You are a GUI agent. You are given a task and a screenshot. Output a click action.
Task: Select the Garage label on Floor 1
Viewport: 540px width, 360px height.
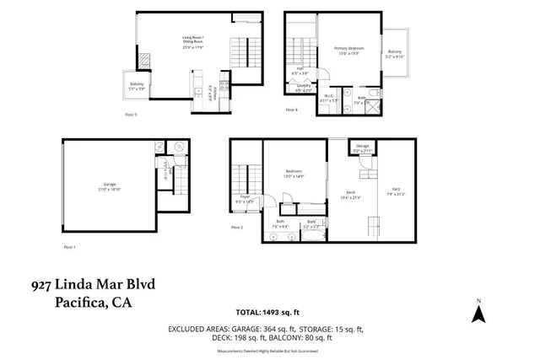[x=110, y=185]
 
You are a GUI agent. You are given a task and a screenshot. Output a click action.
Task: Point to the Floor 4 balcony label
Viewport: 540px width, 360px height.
[x=395, y=55]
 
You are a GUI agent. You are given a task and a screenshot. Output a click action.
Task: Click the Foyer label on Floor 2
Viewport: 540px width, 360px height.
[x=245, y=201]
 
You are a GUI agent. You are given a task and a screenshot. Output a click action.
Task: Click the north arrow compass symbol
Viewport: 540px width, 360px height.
[x=478, y=313]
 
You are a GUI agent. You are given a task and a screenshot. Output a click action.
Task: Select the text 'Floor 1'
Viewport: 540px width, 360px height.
[x=69, y=247]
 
